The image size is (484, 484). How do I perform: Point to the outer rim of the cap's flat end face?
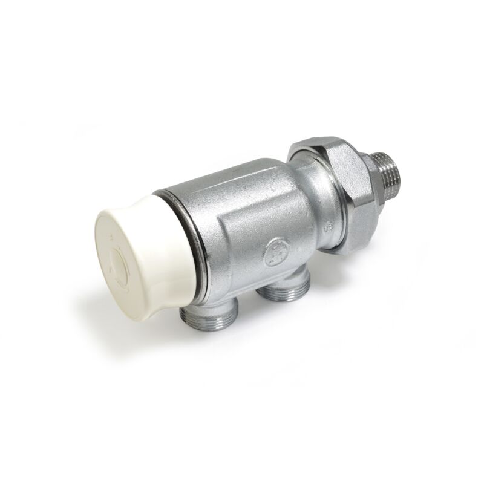click(100, 242)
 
